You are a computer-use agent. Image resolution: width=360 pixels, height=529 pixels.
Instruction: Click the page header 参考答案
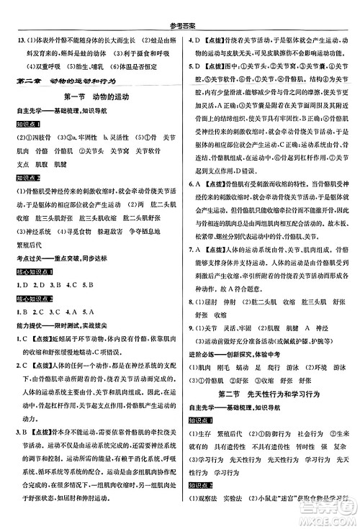coord(180,7)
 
